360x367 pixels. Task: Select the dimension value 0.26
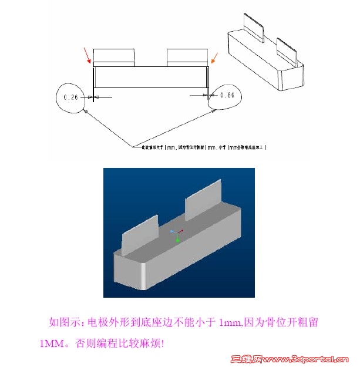[x=70, y=97]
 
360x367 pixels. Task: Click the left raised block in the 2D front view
[x=114, y=56]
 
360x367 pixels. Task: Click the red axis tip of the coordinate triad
[x=183, y=230]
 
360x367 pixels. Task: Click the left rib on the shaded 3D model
[x=140, y=233]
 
